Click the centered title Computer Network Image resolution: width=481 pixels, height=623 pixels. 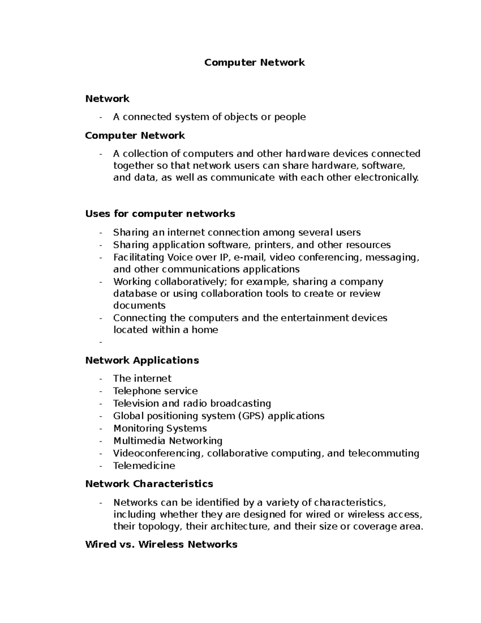(255, 63)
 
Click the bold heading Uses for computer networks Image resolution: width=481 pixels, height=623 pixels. (160, 214)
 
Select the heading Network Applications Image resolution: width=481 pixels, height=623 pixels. (142, 360)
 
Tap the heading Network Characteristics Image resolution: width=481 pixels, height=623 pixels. (149, 484)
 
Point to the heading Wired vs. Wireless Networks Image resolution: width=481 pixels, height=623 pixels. (161, 544)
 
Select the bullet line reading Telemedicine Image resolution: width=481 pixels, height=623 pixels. (144, 466)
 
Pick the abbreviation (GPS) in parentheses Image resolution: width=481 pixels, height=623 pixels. (251, 416)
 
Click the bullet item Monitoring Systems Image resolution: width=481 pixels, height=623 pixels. (160, 428)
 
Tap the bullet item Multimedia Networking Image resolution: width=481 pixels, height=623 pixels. (168, 441)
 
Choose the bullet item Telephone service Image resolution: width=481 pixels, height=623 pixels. (156, 391)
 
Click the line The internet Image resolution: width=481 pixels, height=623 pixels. (142, 379)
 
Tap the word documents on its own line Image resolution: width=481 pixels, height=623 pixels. (139, 306)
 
